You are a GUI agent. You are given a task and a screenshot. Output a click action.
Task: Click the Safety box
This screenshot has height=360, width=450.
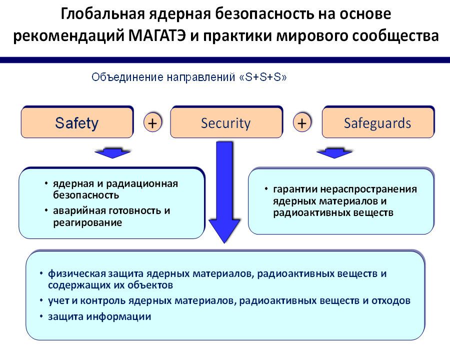click(x=77, y=122)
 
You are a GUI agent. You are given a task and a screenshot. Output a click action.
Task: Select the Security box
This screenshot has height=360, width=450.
click(x=226, y=122)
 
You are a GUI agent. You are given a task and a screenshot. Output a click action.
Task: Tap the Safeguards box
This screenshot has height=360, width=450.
click(x=378, y=122)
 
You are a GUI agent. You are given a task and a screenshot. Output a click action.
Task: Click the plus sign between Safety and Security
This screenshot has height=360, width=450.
click(x=152, y=122)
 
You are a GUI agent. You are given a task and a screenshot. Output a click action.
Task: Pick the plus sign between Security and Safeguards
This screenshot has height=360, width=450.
click(x=302, y=122)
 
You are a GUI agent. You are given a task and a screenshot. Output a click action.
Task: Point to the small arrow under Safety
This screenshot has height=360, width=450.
click(x=112, y=153)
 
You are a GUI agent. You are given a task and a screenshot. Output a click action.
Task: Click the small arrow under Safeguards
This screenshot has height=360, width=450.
click(x=334, y=153)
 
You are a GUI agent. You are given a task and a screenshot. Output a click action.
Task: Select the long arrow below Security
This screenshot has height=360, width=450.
click(x=224, y=192)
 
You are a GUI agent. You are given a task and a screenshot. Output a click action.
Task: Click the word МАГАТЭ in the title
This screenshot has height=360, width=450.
click(x=157, y=36)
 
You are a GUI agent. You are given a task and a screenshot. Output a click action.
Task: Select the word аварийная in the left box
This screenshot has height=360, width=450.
click(x=79, y=211)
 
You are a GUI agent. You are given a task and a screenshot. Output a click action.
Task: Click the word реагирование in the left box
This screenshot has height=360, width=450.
click(x=87, y=223)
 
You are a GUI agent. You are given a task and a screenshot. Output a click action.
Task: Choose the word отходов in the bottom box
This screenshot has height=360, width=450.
click(x=391, y=300)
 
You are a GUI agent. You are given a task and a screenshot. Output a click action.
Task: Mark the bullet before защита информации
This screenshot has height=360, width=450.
click(x=41, y=316)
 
